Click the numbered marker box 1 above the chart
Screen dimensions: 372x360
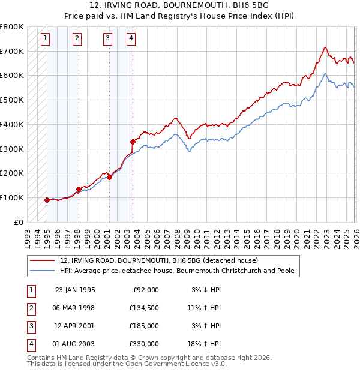point(46,39)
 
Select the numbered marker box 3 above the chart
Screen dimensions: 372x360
point(107,39)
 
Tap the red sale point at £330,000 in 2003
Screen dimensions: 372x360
point(133,142)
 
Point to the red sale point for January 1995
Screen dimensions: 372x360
point(47,200)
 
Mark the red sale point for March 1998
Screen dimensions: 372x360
point(78,189)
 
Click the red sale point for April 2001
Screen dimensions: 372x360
point(109,177)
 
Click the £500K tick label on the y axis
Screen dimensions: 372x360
point(12,100)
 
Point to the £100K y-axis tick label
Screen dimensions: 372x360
point(12,197)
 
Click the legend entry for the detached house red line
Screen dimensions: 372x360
point(159,261)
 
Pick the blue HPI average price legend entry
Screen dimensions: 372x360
point(177,271)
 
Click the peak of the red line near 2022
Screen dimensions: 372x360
point(325,47)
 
